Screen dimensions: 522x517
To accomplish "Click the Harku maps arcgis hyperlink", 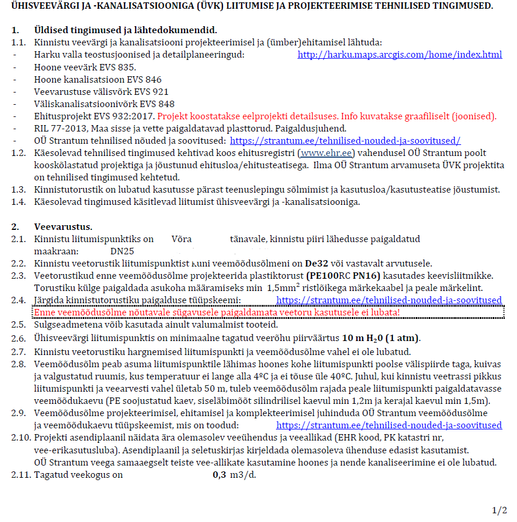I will [x=399, y=55].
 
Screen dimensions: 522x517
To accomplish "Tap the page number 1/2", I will [x=500, y=510].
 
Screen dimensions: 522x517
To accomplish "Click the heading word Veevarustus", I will [x=63, y=226].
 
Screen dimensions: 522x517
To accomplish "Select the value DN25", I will [x=122, y=251].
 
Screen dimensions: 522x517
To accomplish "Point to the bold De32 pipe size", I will [x=317, y=264].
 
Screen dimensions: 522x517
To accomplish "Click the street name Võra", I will [x=182, y=239].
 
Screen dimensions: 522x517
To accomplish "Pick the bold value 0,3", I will [x=219, y=475].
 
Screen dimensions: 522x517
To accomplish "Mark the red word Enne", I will [x=46, y=313].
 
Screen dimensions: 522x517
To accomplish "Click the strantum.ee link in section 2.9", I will [x=388, y=425].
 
